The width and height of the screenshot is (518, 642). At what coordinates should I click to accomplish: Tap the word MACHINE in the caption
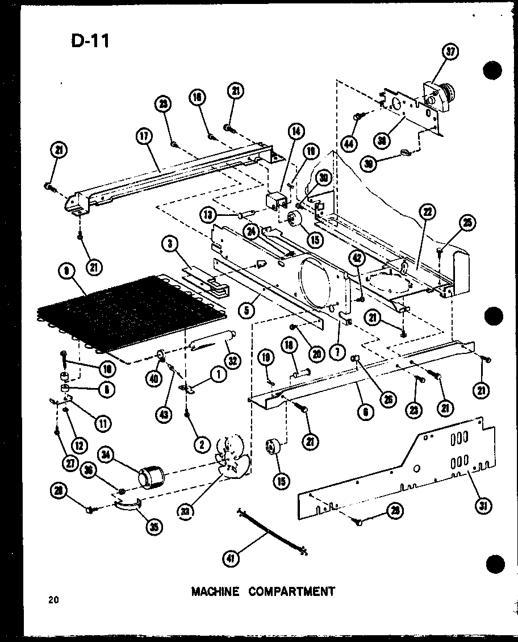pos(215,591)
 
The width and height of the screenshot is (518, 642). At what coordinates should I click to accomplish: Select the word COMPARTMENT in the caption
pos(292,591)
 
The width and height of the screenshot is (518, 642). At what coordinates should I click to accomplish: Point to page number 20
pos(53,599)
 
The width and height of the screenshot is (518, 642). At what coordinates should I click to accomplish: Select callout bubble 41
pos(231,557)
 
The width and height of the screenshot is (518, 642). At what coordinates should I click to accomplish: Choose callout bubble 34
pos(106,454)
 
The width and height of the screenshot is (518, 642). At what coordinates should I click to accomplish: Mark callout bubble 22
pos(426,212)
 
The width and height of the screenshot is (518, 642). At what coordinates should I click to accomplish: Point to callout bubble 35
pos(153,527)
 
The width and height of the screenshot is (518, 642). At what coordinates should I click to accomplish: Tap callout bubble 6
pos(367,413)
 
